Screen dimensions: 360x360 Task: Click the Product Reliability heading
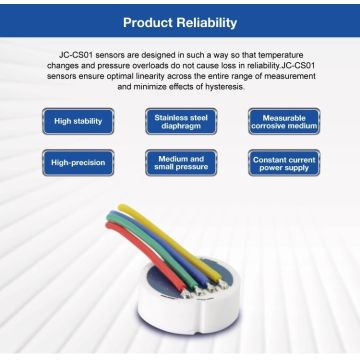tap(180, 20)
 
